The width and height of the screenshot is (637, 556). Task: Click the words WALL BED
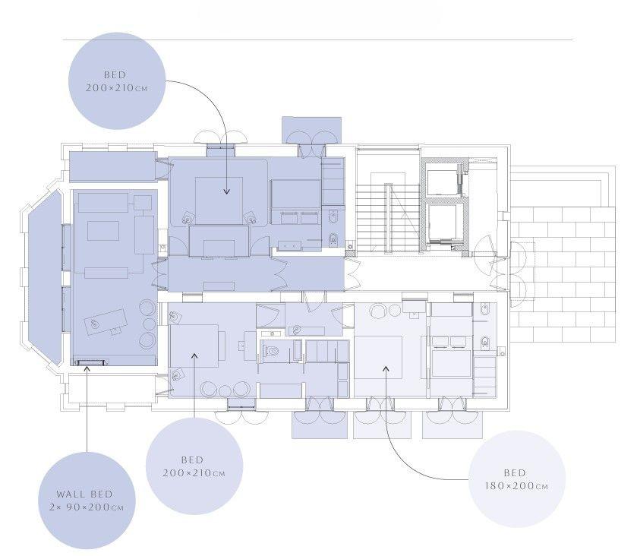[84, 494]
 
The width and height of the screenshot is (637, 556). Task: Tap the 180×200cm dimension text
[516, 486]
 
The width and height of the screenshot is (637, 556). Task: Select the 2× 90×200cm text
[86, 507]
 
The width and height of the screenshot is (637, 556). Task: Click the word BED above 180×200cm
[515, 472]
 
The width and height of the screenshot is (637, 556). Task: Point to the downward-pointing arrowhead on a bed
[227, 191]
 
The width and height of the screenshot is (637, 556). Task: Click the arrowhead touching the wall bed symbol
[87, 368]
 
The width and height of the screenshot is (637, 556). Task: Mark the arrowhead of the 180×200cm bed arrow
[386, 368]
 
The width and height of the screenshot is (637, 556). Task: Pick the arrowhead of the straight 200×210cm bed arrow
[194, 355]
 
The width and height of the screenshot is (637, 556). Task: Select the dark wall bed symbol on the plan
[90, 362]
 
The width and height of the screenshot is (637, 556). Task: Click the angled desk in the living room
[105, 322]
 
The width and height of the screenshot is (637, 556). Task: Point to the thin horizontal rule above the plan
[317, 39]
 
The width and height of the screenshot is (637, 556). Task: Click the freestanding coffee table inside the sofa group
[103, 230]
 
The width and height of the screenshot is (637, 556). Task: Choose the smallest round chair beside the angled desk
[149, 324]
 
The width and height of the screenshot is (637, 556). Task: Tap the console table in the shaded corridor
[219, 286]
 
